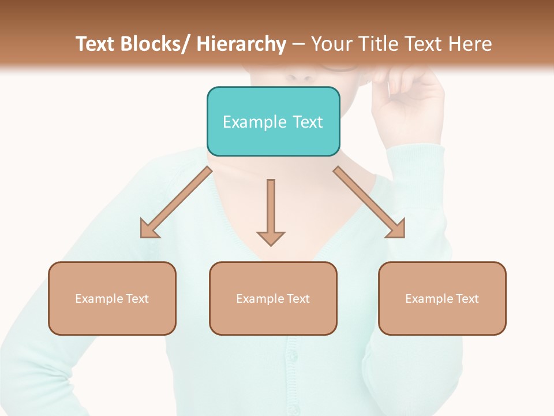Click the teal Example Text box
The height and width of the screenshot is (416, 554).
pyautogui.click(x=273, y=121)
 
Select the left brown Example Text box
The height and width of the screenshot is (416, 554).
pyautogui.click(x=112, y=298)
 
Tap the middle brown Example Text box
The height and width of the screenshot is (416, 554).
pyautogui.click(x=273, y=298)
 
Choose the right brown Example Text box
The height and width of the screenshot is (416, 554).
pyautogui.click(x=442, y=298)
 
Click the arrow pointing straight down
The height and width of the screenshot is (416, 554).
pyautogui.click(x=271, y=211)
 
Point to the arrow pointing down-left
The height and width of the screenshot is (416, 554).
pyautogui.click(x=176, y=202)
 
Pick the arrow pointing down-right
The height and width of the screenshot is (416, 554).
pyautogui.click(x=369, y=202)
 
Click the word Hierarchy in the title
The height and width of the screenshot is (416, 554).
pyautogui.click(x=241, y=44)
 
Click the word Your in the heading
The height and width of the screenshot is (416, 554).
pyautogui.click(x=330, y=44)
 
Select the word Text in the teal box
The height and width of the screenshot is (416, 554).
pyautogui.click(x=306, y=122)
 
